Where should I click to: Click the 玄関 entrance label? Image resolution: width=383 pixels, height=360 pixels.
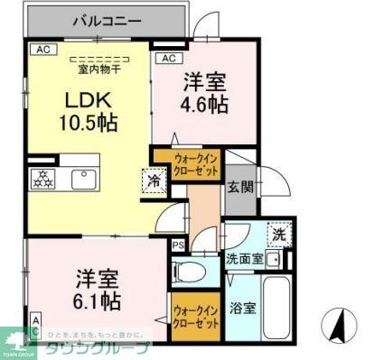[x=239, y=187]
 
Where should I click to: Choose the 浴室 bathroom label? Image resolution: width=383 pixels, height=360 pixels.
[x=242, y=307]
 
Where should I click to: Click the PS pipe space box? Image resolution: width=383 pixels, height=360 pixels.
[x=177, y=245]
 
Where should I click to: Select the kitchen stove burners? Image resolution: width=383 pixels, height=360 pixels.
[x=42, y=179]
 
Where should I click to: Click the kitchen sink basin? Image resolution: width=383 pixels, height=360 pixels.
[x=87, y=179]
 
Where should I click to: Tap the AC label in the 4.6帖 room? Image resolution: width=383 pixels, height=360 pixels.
[x=168, y=59]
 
